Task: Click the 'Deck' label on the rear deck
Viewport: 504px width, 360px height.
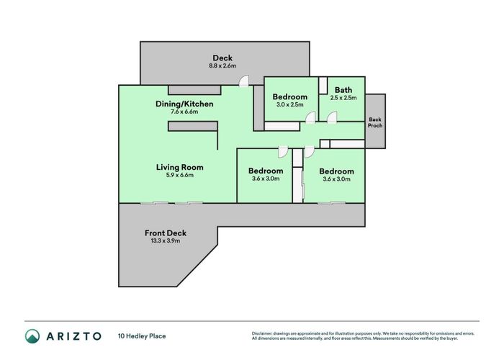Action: pos(222,58)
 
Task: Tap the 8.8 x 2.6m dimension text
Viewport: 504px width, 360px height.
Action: pos(222,66)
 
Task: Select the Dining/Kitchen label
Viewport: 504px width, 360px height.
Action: pos(184,104)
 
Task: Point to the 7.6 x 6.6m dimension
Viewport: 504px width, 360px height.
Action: pos(184,112)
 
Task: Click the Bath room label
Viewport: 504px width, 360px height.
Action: pos(343,89)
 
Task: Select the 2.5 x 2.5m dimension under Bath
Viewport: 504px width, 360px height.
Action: pos(343,97)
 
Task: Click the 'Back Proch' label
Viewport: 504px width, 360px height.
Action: pos(375,122)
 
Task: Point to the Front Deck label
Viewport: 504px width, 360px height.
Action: pos(166,233)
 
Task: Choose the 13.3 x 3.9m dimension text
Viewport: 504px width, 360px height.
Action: pos(166,241)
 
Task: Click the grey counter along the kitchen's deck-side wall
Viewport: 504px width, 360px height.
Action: pos(191,90)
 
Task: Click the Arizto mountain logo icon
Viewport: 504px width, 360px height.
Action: pos(33,336)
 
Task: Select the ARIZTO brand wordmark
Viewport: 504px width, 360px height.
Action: pos(75,336)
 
